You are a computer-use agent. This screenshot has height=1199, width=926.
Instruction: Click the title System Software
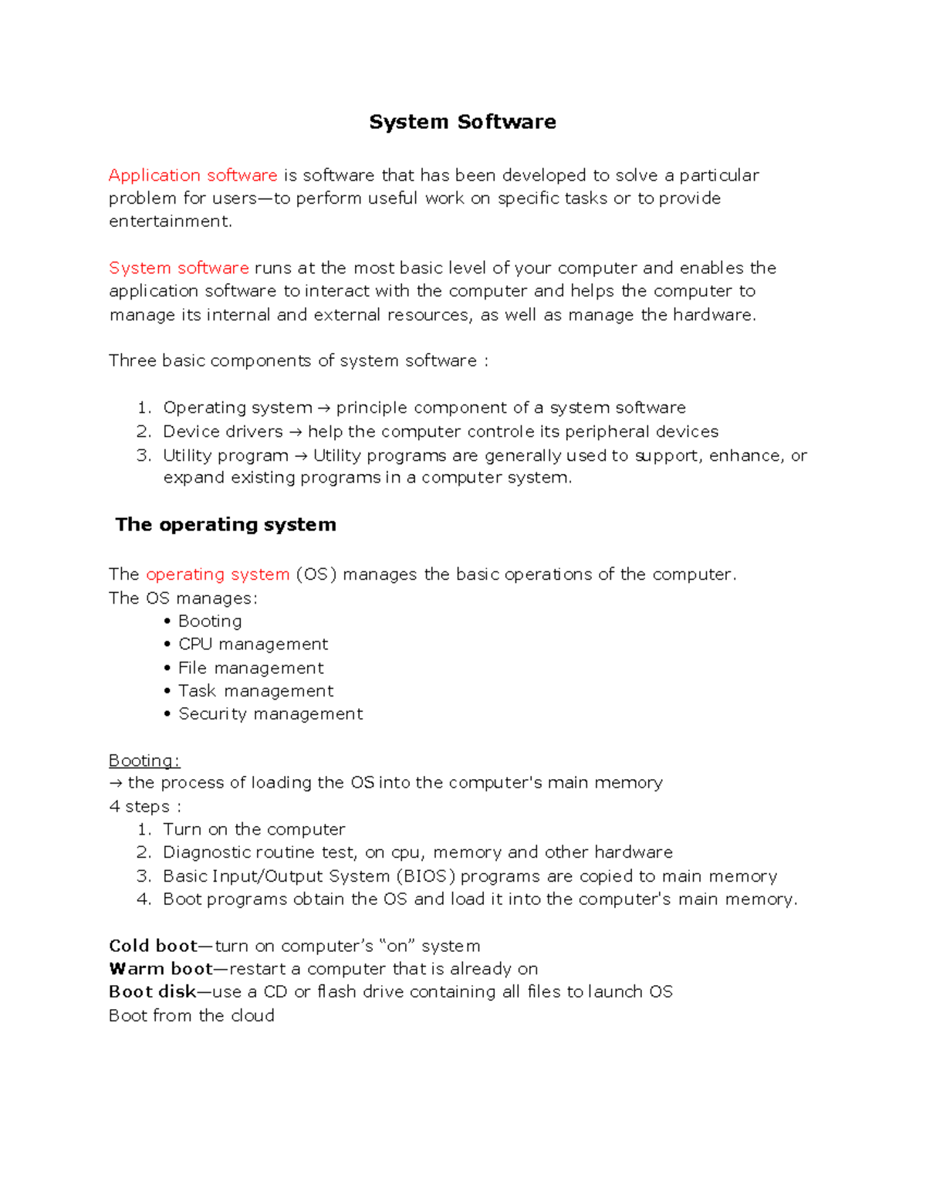462,122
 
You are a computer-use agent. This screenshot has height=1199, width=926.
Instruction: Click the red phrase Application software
193,175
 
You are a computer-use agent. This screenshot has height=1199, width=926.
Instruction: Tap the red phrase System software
178,268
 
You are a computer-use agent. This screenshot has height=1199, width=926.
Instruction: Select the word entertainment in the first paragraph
169,222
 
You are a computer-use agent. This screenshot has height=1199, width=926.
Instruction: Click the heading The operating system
225,525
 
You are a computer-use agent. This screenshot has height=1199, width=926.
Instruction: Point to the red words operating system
217,574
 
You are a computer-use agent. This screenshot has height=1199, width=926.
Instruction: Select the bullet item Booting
210,622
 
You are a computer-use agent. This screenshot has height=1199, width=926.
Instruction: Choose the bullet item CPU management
253,645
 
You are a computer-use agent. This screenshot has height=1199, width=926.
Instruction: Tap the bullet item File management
251,668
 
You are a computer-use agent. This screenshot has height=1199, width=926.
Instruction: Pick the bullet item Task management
255,691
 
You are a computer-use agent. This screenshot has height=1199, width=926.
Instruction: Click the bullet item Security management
270,714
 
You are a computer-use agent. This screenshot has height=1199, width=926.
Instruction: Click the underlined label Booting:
144,760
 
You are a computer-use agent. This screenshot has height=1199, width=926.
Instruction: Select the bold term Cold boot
153,946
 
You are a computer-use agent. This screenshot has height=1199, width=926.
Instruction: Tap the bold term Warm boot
161,969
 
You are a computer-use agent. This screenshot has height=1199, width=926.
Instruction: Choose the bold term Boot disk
152,992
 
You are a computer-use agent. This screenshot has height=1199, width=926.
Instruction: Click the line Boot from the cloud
191,1016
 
